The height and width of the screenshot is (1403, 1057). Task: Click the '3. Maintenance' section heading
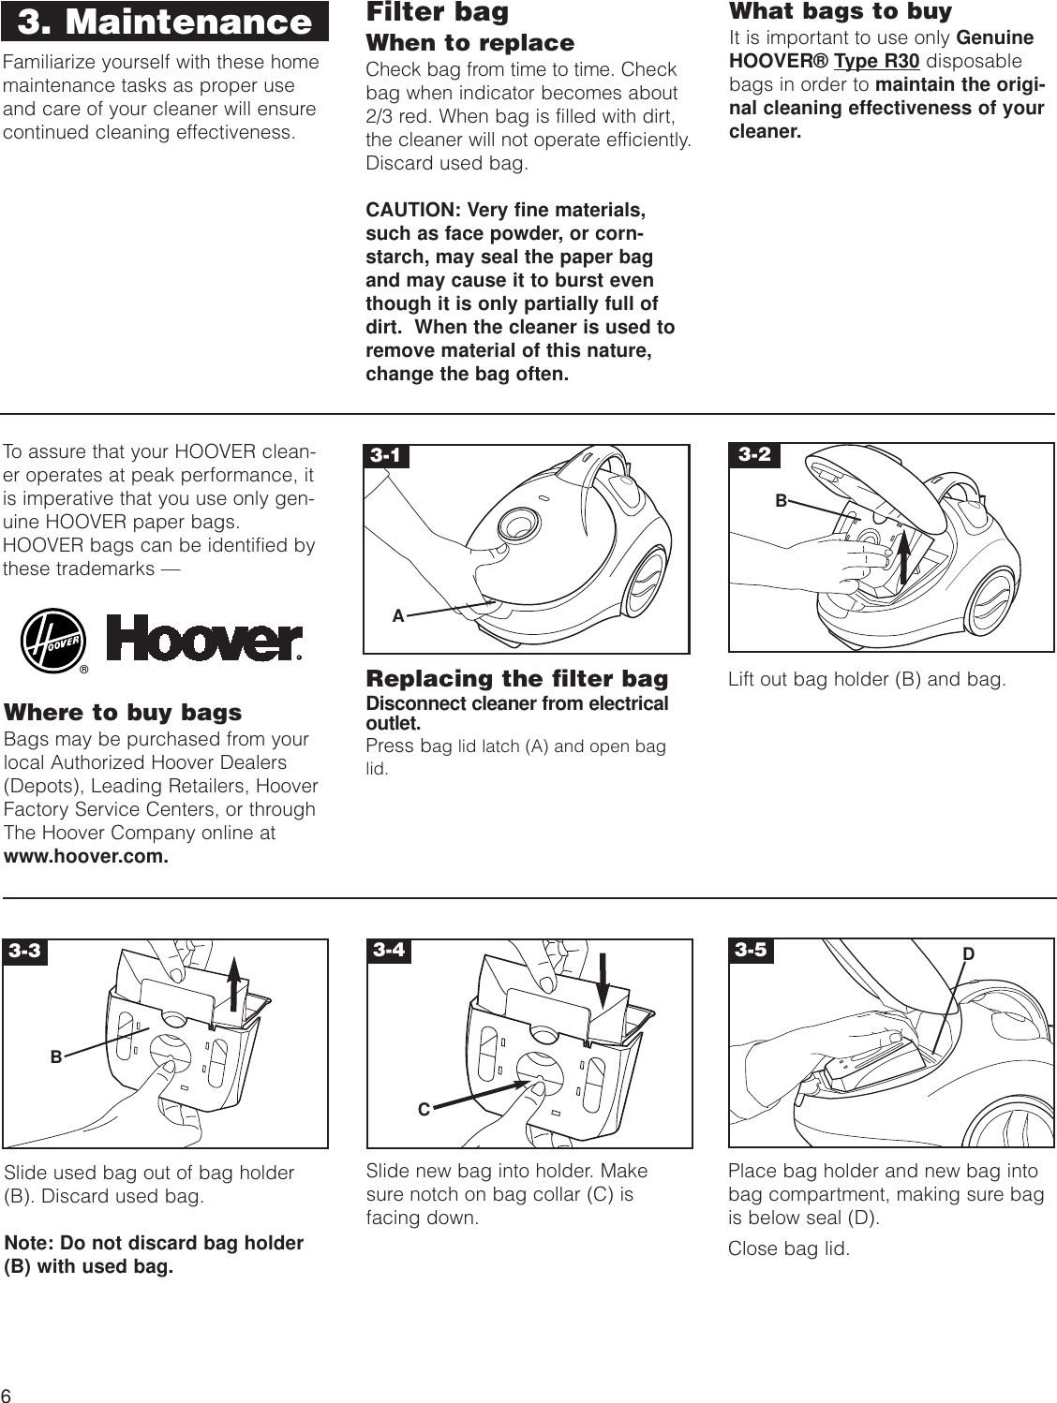pos(165,22)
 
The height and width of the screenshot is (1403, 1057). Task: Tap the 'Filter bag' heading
pos(437,12)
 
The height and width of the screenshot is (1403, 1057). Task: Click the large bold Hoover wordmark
pos(204,640)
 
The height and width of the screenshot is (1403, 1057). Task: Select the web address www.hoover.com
pos(86,857)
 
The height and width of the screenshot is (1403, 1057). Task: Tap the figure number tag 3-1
pos(385,456)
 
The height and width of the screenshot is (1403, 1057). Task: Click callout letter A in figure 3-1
pos(398,616)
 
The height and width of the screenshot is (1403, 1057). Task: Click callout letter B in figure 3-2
pos(781,501)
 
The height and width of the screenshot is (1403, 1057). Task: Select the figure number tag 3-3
pos(24,952)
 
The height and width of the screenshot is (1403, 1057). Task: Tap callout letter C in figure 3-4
pos(424,1110)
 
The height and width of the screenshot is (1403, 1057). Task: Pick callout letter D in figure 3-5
pos(969,954)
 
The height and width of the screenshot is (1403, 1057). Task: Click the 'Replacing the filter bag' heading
pos(516,678)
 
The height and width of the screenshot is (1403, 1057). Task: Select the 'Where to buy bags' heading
pos(123,713)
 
